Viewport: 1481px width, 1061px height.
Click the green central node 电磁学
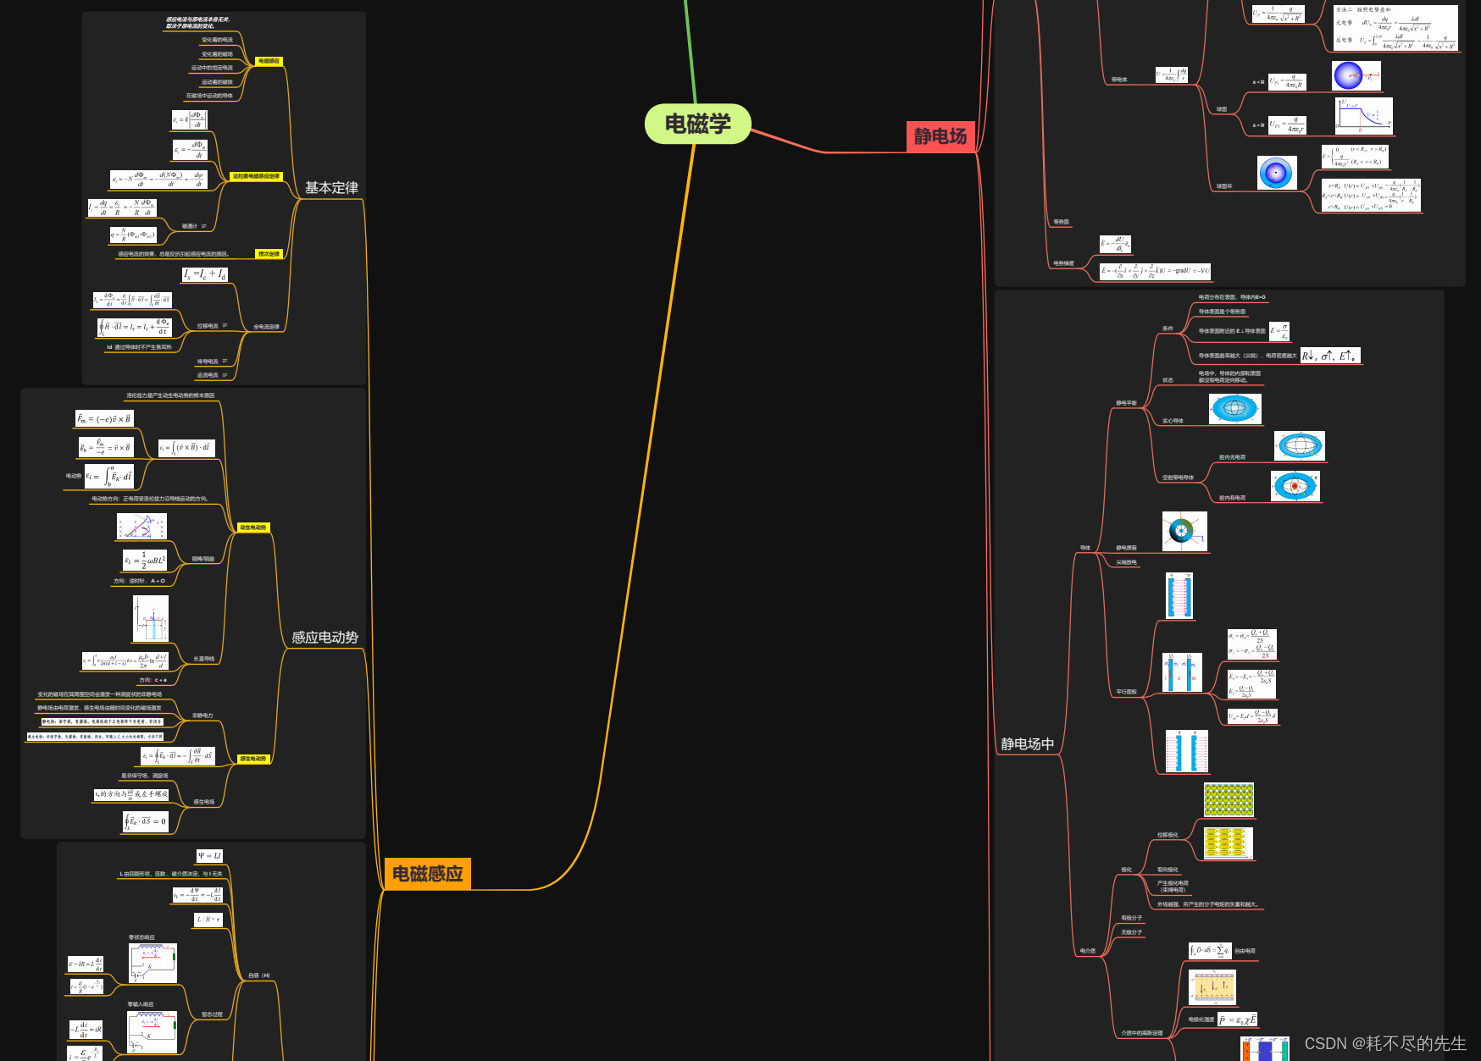[x=697, y=124]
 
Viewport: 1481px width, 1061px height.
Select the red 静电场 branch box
[x=940, y=136]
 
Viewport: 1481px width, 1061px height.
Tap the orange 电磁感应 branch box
[x=427, y=874]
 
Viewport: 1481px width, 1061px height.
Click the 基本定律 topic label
[x=331, y=188]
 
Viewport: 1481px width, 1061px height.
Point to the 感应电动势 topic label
[x=324, y=638]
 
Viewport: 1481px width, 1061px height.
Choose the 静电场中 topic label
[x=1027, y=744]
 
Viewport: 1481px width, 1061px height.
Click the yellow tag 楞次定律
[x=269, y=254]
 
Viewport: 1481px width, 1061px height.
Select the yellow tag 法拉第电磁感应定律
[x=255, y=176]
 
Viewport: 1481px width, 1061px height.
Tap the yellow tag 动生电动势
[x=252, y=528]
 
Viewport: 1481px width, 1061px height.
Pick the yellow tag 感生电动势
[x=252, y=759]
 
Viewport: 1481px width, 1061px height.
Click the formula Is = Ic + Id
[x=204, y=274]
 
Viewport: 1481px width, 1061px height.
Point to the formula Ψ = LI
[x=209, y=856]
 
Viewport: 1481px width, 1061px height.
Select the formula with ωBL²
[x=145, y=561]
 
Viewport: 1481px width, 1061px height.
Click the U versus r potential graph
[x=1363, y=116]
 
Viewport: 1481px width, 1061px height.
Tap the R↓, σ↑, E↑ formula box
[x=1330, y=356]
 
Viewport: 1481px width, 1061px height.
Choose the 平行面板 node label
[x=1126, y=692]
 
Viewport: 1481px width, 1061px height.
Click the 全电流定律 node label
[x=266, y=327]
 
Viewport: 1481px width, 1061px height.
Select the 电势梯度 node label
[x=1063, y=263]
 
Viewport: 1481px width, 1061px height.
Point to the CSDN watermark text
[x=1385, y=1043]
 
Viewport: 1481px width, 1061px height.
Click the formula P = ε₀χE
[x=1238, y=1020]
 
